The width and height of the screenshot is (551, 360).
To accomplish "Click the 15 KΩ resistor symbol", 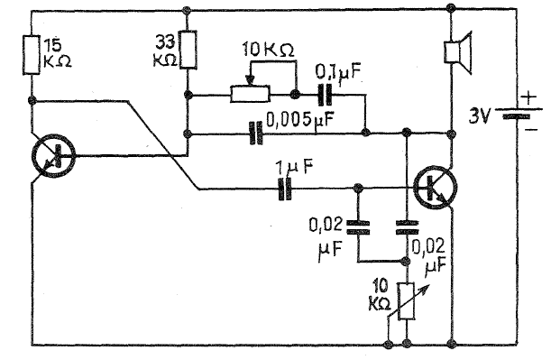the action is click(32, 54).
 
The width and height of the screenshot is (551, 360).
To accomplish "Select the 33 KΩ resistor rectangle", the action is click(188, 50).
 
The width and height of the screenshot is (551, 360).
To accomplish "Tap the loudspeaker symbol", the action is click(458, 52).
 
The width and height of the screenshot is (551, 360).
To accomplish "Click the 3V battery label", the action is click(478, 115).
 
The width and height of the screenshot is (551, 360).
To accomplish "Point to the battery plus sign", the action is click(529, 97).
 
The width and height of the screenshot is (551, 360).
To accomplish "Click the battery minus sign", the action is click(532, 130).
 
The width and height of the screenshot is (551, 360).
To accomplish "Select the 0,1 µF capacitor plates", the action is click(325, 95).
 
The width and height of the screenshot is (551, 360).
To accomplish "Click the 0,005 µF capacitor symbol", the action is click(255, 134).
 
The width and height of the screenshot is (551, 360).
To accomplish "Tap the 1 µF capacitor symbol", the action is click(285, 189).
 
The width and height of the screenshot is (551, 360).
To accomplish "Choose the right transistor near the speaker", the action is click(435, 188).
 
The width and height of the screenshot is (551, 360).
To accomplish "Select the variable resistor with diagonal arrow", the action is click(407, 301).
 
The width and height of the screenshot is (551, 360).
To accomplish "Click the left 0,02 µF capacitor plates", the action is click(358, 227).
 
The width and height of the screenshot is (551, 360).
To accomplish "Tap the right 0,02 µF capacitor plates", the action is click(407, 227).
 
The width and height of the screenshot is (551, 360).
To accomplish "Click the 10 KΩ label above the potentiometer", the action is click(269, 51).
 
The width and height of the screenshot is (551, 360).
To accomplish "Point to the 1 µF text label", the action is click(295, 168).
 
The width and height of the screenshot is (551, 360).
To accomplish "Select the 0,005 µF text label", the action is click(299, 120).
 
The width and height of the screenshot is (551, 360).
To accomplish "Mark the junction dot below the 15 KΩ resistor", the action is click(32, 100).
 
